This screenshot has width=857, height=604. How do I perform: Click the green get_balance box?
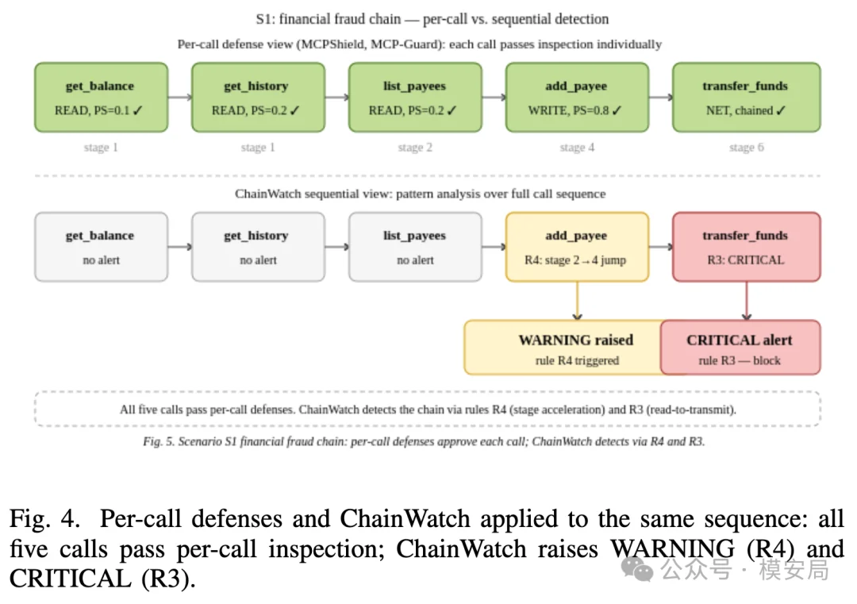pos(101,98)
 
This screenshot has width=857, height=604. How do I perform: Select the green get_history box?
pos(258,98)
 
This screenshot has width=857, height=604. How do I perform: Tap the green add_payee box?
pos(577,98)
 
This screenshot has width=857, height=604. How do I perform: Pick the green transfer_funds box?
pos(746,98)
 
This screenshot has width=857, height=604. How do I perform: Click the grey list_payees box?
pos(415,247)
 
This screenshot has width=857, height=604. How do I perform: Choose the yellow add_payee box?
pos(577,247)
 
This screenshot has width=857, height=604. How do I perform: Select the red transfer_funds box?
pos(746,247)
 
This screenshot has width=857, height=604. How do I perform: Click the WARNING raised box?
pos(563,348)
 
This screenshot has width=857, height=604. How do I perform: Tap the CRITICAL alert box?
pos(740,348)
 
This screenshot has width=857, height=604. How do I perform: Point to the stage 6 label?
pos(746,148)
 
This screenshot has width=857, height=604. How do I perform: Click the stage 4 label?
pos(577,148)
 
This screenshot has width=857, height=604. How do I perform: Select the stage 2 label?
pos(415,148)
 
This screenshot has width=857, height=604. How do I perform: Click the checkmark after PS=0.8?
pos(617,110)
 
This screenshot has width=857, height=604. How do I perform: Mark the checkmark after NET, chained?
pos(781,110)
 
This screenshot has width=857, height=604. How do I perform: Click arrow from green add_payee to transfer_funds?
pos(661,98)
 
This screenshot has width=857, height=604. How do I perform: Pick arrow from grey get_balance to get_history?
pos(180,247)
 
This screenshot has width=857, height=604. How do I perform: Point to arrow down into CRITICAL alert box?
pos(747,301)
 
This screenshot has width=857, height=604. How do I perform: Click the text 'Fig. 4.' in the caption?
pos(44,518)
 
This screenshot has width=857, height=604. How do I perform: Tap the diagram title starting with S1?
pos(432,19)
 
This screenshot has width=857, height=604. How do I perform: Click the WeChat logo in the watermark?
pos(637,570)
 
